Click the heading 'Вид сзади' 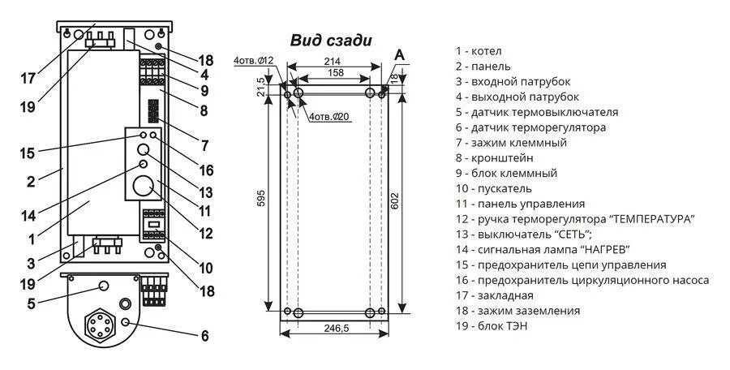(x=331, y=41)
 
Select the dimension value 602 (x=395, y=201)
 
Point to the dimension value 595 (x=262, y=199)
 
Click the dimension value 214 (x=333, y=62)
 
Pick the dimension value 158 (x=335, y=73)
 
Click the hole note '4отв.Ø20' (x=330, y=117)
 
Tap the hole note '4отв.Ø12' (x=254, y=60)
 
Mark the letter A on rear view (x=399, y=55)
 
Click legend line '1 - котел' (x=479, y=51)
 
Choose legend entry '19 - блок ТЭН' (x=492, y=325)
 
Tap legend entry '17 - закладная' (x=495, y=295)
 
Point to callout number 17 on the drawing (x=28, y=78)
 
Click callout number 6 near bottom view (x=205, y=336)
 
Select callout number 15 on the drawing (x=28, y=153)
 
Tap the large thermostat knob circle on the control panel (x=144, y=187)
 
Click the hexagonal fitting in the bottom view (x=100, y=325)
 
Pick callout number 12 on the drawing (x=205, y=233)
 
